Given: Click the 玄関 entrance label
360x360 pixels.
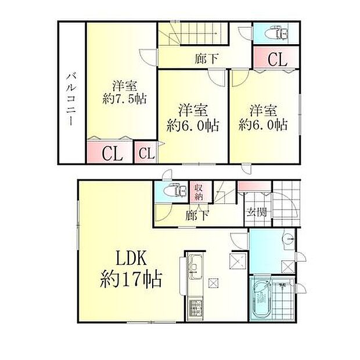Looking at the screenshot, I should pos(255,212).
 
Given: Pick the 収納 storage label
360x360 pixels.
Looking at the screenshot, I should pos(198,191).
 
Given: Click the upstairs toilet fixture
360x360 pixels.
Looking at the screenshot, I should pos(281,33).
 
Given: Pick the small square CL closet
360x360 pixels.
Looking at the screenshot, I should pos(146,154).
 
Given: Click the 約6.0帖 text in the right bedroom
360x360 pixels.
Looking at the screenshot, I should pos(264,125).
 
